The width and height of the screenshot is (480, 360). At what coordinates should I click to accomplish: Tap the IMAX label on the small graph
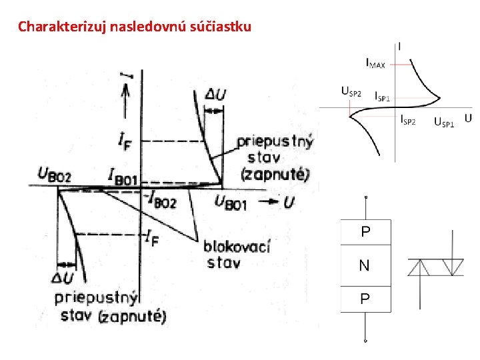point(375,63)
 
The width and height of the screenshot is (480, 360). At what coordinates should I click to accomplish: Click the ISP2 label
point(408,121)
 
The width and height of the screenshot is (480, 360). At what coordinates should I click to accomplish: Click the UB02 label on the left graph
point(55,176)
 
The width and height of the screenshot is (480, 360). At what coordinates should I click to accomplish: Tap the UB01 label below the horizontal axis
point(230,203)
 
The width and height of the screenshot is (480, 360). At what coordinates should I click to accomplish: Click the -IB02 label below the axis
point(160,199)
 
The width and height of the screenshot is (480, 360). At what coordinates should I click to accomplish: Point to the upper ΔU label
point(215,95)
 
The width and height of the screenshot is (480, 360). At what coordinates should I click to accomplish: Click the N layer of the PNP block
point(365,266)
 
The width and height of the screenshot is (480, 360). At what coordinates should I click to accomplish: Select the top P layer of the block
point(365,232)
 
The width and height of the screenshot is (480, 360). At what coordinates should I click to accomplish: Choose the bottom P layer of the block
point(365,299)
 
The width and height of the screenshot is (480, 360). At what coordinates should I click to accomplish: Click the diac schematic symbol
point(437,267)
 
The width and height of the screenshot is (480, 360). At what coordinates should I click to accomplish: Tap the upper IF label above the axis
point(125,140)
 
